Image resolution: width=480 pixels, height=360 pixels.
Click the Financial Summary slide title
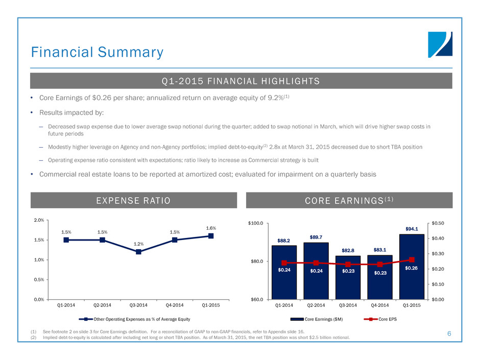(x=97, y=52)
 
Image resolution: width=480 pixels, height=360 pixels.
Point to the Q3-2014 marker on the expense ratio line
(x=138, y=252)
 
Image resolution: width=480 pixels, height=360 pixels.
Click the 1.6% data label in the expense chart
(x=211, y=228)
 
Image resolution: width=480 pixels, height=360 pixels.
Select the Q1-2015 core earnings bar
(x=412, y=267)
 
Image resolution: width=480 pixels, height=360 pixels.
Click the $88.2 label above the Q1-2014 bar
(x=284, y=240)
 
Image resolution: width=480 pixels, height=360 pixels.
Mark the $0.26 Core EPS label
(x=412, y=268)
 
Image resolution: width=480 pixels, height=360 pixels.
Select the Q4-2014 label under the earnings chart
(x=380, y=305)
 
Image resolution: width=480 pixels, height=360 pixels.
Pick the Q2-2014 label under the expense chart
(x=103, y=305)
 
